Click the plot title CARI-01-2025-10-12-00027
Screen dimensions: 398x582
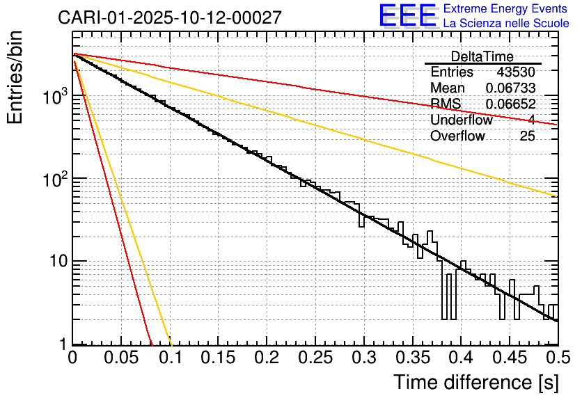(170, 17)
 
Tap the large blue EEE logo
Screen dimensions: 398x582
(407, 17)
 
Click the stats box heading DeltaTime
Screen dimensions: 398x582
(482, 56)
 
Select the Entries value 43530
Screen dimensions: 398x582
(516, 72)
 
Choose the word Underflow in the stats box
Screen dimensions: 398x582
(461, 120)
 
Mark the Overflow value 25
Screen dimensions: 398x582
(527, 136)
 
